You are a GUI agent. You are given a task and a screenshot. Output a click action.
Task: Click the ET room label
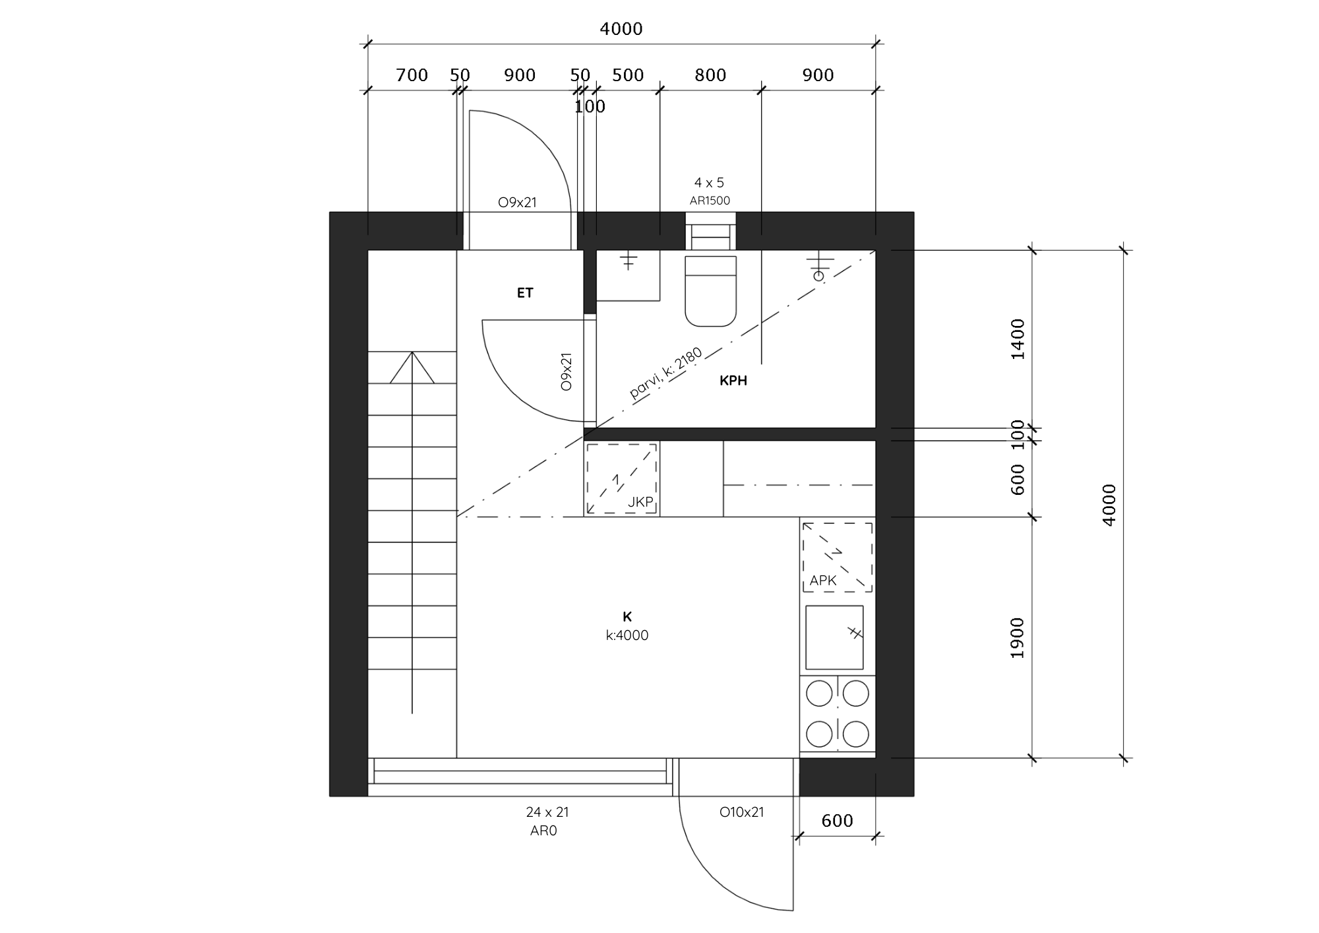[525, 293]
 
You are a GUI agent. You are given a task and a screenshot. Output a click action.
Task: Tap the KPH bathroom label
[733, 381]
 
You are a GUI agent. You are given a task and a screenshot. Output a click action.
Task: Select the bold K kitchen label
[627, 617]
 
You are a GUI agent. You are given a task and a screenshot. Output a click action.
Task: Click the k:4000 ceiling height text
[627, 635]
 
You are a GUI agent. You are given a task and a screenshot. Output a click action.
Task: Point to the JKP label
[640, 502]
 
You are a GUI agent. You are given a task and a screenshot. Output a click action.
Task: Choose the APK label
[823, 581]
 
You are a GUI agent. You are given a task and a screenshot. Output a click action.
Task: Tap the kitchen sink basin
[834, 637]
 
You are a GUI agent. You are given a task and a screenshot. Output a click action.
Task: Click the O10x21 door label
[741, 812]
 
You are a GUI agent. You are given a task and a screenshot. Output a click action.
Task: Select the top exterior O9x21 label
[517, 203]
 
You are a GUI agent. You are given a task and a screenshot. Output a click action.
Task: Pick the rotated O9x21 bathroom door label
[566, 372]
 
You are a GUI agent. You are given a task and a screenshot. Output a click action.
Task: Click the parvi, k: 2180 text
[666, 374]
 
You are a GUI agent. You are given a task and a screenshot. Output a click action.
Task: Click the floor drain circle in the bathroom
[818, 276]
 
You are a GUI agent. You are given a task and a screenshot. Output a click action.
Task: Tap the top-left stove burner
[819, 693]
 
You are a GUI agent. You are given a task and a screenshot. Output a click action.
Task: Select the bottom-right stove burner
[856, 734]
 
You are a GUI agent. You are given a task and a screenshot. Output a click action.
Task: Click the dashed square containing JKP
[621, 478]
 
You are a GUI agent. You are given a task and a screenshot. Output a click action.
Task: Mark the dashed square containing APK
[838, 557]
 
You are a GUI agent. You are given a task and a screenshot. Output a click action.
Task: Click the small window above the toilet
[710, 231]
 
